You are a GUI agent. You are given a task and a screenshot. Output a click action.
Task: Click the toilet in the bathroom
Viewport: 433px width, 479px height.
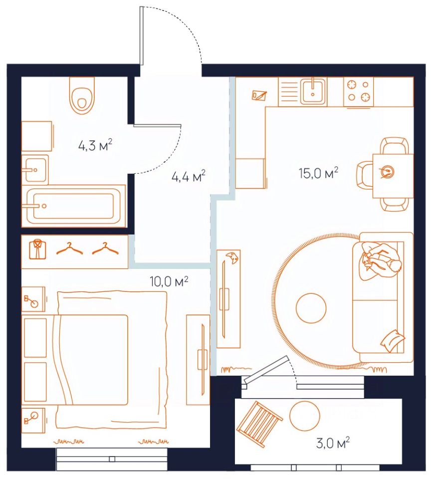[x=82, y=95]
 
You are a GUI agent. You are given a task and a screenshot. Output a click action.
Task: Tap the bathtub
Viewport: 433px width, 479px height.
[x=73, y=206]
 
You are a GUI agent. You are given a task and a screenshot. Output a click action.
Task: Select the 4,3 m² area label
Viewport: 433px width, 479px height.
[x=95, y=145]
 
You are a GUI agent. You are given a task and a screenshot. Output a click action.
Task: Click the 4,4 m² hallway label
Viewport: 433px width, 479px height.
[x=188, y=176]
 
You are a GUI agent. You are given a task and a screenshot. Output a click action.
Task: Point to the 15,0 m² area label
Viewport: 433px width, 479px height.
[x=318, y=173]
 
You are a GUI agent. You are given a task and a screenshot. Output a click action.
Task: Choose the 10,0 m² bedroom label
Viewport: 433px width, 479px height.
[x=169, y=281]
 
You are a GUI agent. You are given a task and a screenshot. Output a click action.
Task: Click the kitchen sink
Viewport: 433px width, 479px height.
[x=313, y=91]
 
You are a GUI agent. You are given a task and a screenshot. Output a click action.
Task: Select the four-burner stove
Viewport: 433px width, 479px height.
[x=359, y=91]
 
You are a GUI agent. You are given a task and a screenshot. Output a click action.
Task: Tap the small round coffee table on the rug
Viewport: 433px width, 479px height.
[x=311, y=308]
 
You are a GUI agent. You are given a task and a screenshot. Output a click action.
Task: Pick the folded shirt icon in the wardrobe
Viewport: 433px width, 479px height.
[x=37, y=249]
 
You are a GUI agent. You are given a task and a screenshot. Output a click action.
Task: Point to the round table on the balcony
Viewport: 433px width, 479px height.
[x=304, y=416]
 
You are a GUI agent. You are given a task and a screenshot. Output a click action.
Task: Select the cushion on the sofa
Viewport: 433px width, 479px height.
[x=393, y=341]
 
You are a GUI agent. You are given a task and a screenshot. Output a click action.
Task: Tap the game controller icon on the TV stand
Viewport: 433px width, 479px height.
[x=232, y=258]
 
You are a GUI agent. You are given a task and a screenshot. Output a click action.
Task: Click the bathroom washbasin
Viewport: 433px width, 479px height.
[x=35, y=170]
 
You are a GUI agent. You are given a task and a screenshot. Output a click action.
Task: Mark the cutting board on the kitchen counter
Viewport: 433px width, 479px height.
[x=259, y=95]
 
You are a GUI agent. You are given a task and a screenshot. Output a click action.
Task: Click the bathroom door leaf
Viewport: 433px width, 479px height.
[x=158, y=125]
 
